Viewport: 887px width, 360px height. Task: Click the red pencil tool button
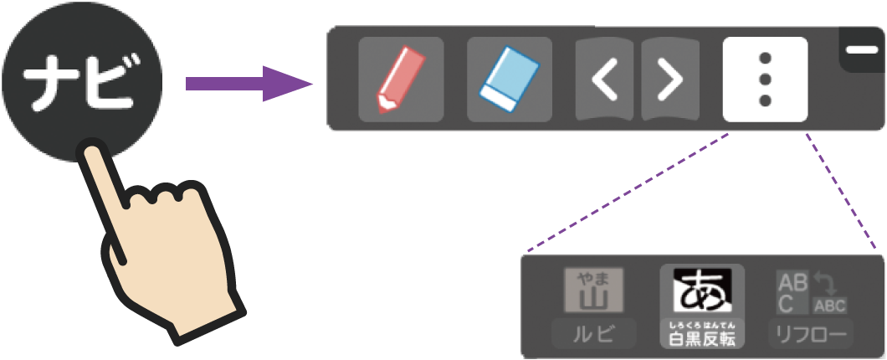point(401,80)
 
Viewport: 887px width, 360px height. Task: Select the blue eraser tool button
point(509,80)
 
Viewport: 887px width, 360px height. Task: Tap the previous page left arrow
point(606,80)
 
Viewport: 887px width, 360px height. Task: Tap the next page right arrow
point(669,80)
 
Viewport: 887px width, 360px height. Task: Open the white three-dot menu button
point(765,80)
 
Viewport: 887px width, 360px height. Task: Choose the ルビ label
point(593,334)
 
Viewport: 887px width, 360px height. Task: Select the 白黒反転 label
point(702,339)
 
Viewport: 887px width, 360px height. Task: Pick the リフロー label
point(811,334)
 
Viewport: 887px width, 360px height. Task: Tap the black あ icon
point(702,291)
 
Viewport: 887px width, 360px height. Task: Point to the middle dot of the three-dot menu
point(765,80)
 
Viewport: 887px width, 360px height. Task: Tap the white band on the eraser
point(500,98)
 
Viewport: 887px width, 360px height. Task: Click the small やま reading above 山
point(593,277)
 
